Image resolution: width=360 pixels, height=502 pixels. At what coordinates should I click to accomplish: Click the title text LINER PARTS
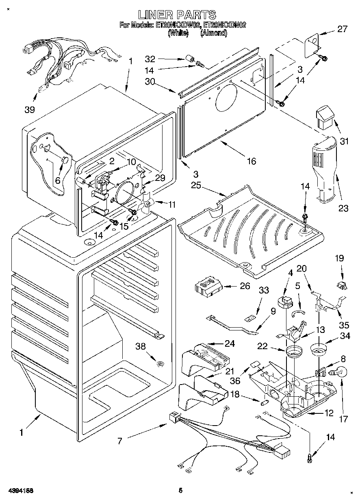177,15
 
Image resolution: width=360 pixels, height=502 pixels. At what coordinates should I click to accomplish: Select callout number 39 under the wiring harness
29,109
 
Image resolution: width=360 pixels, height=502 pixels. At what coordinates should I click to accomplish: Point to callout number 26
245,286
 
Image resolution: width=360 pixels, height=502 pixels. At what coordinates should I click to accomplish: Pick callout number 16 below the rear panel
252,161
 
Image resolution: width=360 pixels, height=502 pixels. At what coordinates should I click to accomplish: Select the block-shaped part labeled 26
208,287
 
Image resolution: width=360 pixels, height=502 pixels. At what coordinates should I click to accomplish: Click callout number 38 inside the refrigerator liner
141,346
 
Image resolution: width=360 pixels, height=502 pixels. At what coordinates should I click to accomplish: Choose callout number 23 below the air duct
343,209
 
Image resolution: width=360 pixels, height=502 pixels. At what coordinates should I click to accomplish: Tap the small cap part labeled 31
325,116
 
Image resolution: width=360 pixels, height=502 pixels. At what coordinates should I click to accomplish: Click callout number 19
339,258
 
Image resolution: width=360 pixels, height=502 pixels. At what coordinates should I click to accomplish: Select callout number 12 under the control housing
329,414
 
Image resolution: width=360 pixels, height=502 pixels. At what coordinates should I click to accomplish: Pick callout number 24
230,343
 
